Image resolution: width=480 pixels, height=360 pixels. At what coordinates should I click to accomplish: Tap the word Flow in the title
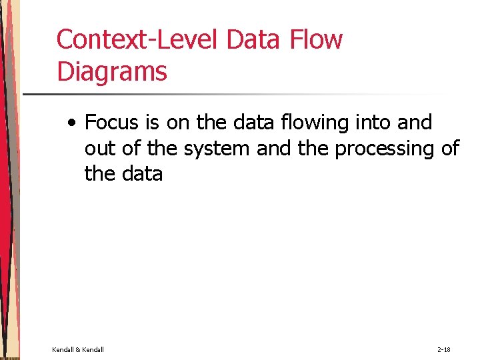tap(317, 40)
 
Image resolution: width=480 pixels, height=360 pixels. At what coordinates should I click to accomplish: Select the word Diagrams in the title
tap(112, 71)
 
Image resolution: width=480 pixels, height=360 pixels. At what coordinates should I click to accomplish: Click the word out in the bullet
tap(98, 149)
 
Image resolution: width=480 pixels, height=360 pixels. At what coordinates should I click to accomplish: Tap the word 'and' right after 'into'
tap(414, 123)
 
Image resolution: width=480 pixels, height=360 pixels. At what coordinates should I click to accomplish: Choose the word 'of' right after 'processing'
tap(450, 149)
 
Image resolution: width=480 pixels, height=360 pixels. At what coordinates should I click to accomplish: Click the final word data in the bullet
tap(141, 174)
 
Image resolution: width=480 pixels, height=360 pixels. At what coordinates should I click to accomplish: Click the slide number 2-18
tap(443, 349)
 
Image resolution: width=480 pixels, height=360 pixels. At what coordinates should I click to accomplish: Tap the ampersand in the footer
tap(78, 349)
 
